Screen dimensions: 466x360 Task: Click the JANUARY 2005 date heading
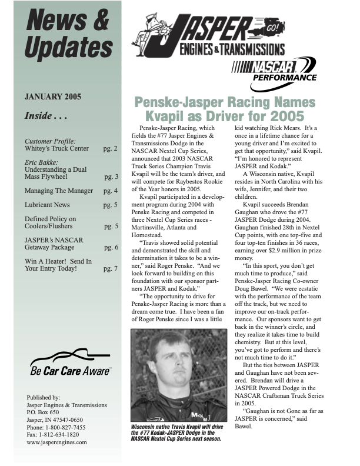point(53,97)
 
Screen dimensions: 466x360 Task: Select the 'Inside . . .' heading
point(46,116)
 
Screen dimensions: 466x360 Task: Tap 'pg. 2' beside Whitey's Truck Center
point(111,149)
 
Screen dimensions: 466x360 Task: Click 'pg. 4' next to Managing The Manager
point(111,191)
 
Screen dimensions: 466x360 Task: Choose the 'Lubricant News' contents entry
point(47,205)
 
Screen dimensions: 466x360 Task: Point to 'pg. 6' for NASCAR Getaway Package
point(111,247)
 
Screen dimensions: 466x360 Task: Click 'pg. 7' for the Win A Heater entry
point(111,268)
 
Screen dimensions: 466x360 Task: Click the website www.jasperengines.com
point(57,442)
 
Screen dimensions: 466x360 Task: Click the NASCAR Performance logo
point(274,69)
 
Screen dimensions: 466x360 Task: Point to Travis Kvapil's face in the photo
point(165,362)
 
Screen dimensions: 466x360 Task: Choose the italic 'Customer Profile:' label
point(50,141)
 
